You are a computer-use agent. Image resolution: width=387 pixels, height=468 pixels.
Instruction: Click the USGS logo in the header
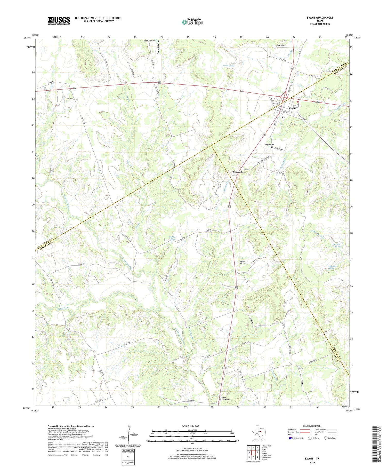(59, 21)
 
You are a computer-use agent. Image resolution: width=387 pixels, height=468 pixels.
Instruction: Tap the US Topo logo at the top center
(192, 22)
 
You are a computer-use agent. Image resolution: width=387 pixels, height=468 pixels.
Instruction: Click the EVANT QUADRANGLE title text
(320, 18)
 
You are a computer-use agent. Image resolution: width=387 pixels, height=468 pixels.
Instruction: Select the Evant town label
(292, 108)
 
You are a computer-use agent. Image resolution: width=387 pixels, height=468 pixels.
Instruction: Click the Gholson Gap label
(238, 172)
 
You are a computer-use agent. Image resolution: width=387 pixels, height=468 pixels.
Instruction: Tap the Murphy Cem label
(281, 45)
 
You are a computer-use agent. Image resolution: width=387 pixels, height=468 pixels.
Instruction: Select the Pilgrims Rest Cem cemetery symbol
(238, 264)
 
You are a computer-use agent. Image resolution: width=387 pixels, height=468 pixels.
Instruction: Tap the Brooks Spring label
(228, 66)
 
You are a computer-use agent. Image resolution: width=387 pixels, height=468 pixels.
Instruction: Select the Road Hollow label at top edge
(149, 41)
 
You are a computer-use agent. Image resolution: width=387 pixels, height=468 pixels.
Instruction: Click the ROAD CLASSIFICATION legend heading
(312, 426)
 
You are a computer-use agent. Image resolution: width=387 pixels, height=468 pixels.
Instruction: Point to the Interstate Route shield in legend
(290, 438)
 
